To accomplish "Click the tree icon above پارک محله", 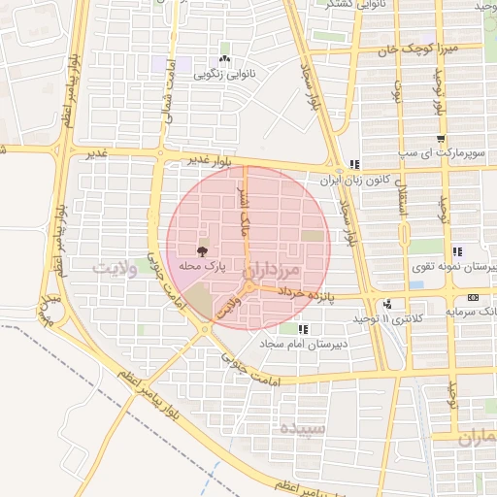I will [202, 250].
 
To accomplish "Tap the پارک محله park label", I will [202, 265].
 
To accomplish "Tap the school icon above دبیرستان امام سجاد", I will [303, 329].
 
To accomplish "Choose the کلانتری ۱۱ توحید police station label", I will [387, 318].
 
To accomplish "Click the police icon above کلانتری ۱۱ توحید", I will [388, 304].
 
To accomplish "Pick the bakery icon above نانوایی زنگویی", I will [225, 50].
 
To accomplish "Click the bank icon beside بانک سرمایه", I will [473, 297].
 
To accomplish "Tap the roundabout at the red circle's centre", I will [248, 287].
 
